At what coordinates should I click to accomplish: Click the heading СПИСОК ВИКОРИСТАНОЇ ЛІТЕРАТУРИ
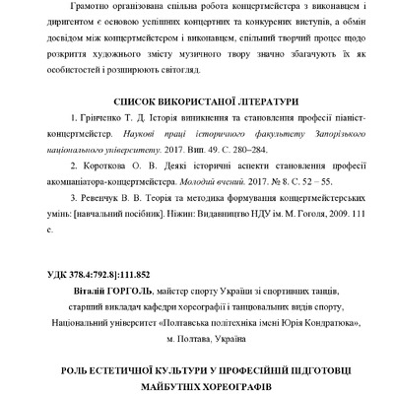coord(197,100)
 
